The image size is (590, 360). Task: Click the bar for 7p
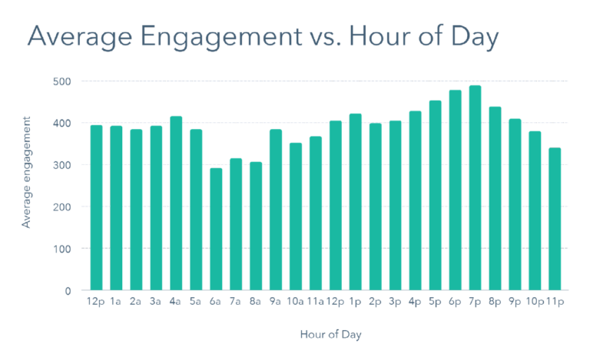(x=476, y=188)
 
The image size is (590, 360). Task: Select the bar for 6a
(x=216, y=230)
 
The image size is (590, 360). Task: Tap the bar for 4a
(x=176, y=203)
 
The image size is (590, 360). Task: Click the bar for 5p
(x=436, y=196)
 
